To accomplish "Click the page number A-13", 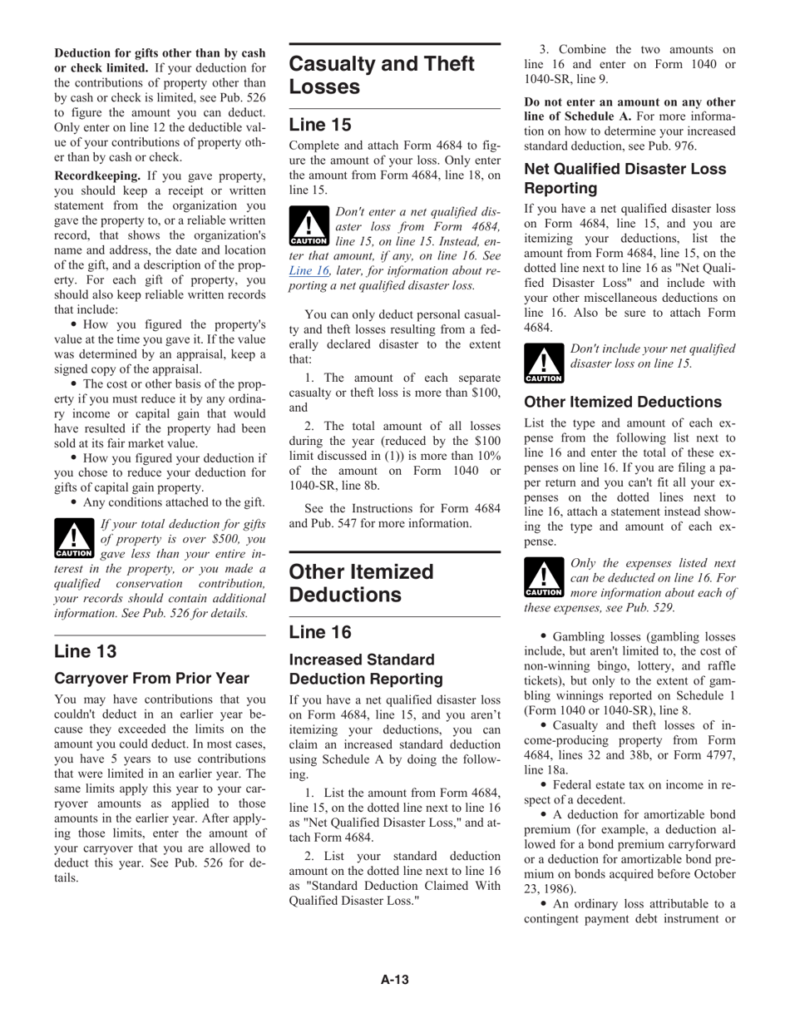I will click(394, 979).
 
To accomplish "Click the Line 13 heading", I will click(86, 650).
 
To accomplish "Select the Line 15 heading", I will click(320, 125).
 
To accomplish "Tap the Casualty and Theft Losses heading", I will click(382, 76).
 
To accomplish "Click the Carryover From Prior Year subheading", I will click(151, 678).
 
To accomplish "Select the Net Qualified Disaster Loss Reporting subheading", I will click(625, 178).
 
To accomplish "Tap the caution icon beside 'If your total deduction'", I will click(73, 538).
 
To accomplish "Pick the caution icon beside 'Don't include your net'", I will click(544, 363).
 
